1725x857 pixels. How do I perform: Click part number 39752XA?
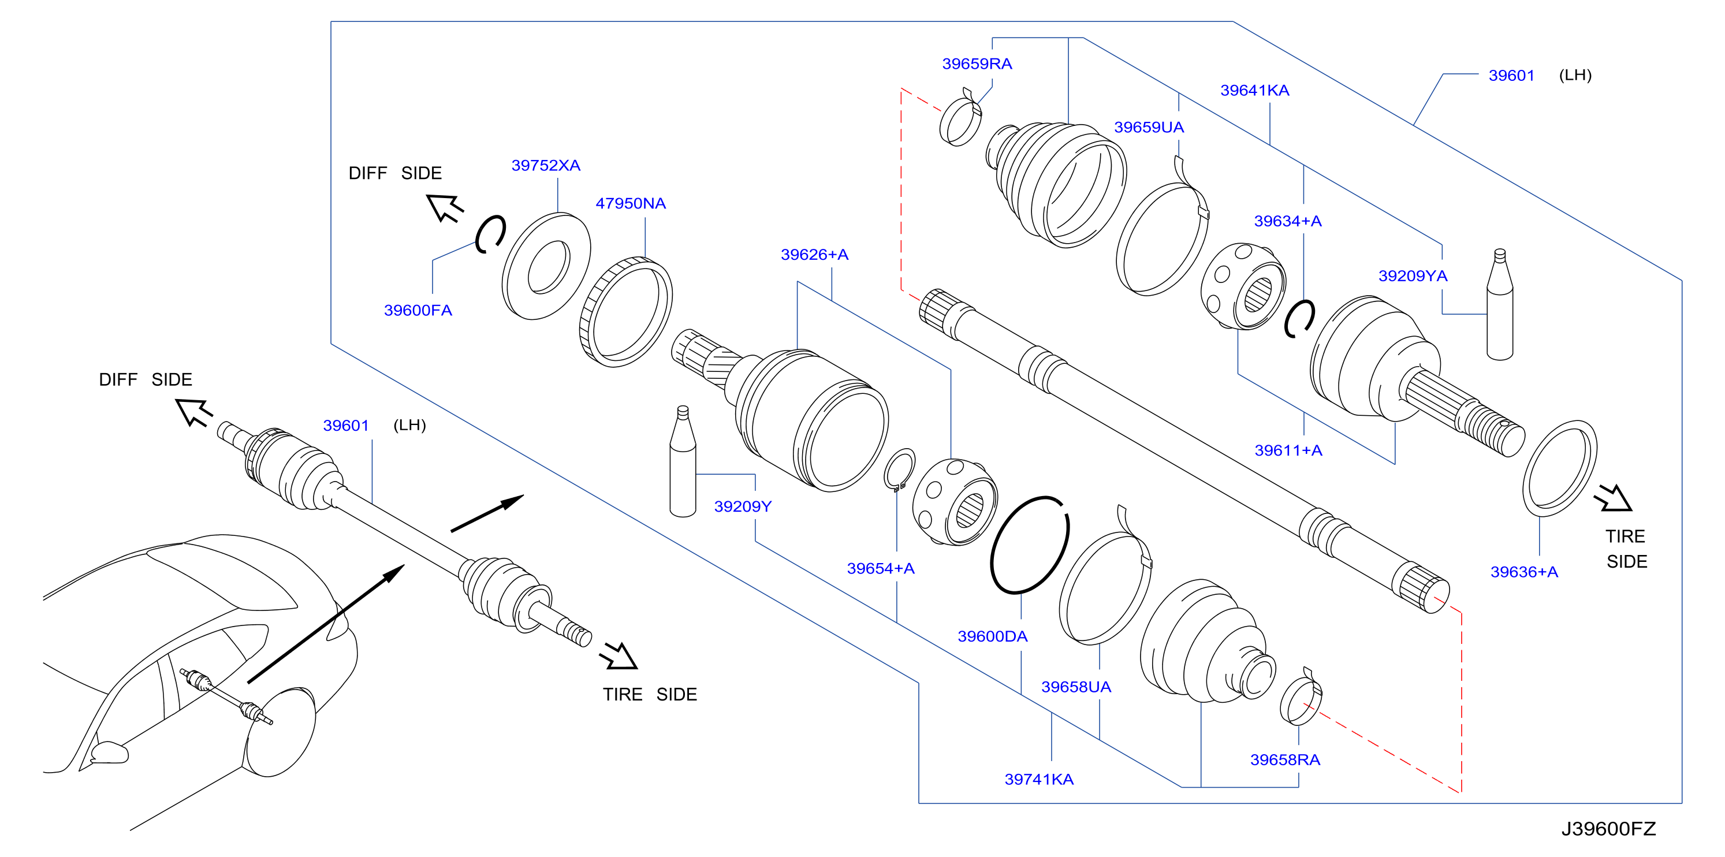546,165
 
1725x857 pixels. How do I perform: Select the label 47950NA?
631,203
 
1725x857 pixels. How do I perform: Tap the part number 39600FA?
418,311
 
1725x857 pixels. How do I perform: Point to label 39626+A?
814,255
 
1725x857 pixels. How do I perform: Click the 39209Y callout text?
743,507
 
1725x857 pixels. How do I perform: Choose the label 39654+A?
881,568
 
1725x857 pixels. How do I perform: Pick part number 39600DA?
992,637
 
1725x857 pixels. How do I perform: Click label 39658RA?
1285,760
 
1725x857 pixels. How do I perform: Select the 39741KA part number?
1038,780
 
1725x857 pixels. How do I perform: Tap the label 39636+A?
1524,572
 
